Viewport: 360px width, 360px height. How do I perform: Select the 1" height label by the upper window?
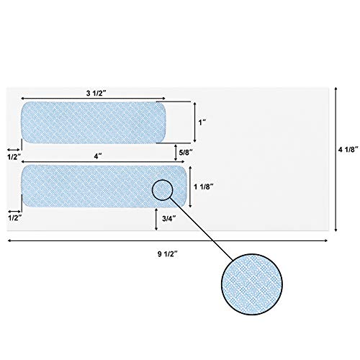click(202, 123)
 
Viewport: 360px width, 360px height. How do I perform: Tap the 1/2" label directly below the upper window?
click(14, 156)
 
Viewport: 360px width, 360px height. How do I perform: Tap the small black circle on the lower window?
click(163, 189)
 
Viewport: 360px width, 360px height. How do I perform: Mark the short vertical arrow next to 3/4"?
click(157, 220)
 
